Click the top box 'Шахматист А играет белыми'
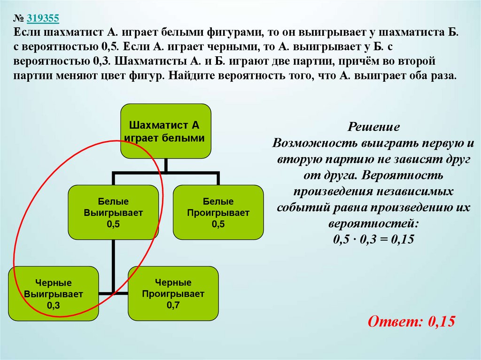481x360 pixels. click(166, 131)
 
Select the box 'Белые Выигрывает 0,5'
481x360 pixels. click(113, 212)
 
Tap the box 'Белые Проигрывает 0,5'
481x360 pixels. click(218, 212)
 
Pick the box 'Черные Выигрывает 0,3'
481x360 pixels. click(54, 294)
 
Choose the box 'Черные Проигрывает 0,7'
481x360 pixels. click(173, 294)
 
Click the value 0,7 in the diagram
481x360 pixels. click(173, 305)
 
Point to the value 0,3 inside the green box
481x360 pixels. click(54, 305)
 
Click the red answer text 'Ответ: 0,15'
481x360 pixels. click(411, 322)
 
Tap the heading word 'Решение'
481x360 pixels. click(374, 127)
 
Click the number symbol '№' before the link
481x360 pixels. click(19, 18)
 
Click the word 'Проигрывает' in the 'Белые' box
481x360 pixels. click(218, 213)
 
